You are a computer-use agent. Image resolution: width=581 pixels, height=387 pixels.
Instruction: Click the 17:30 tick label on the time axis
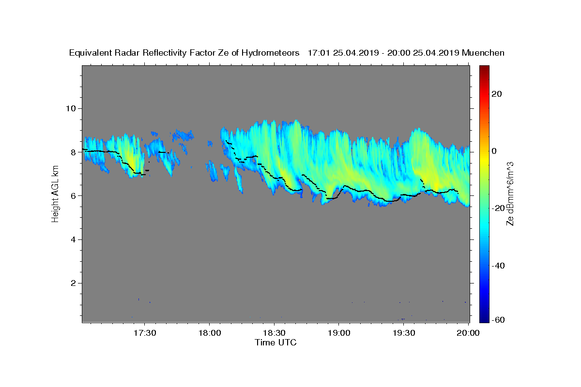click(x=145, y=333)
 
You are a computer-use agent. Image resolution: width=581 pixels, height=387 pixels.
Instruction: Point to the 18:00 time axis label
click(x=210, y=333)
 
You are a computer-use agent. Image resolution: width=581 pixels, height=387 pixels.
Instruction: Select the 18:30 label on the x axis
click(x=274, y=333)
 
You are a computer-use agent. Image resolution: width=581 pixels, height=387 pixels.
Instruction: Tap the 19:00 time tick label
click(x=339, y=333)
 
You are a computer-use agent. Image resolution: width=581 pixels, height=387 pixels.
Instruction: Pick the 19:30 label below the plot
click(x=403, y=333)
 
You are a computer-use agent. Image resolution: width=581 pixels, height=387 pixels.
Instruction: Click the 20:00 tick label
click(x=468, y=333)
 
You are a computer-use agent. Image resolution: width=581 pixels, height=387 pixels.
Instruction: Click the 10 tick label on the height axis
click(x=72, y=108)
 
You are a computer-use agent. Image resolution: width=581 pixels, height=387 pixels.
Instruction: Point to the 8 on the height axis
click(x=74, y=152)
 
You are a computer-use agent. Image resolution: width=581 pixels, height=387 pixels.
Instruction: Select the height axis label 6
click(x=74, y=196)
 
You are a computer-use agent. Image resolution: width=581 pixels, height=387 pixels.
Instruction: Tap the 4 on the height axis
click(x=74, y=239)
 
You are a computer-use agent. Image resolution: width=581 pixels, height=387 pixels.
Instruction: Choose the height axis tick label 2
click(x=74, y=283)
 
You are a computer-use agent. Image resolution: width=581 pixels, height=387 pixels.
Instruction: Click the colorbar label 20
click(x=497, y=94)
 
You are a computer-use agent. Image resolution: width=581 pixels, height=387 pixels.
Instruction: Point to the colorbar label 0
click(x=495, y=151)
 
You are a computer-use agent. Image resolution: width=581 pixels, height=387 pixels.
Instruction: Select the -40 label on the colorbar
click(x=499, y=266)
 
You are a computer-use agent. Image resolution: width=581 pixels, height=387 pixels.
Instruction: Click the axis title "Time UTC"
click(x=275, y=342)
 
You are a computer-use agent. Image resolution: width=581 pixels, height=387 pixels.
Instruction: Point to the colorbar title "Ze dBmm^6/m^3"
click(x=510, y=193)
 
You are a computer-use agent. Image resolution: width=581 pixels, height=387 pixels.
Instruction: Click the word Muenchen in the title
click(x=483, y=53)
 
